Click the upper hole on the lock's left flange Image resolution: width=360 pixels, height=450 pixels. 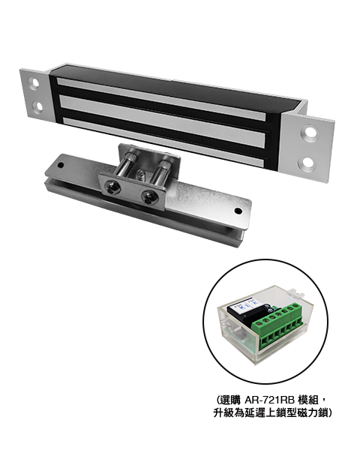(x=34, y=83)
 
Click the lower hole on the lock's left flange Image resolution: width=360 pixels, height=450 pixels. (x=37, y=106)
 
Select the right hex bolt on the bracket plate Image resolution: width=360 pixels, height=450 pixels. (x=149, y=198)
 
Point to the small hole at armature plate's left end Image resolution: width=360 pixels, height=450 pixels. (x=60, y=166)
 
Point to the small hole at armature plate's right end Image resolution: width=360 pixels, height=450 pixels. (x=238, y=211)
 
